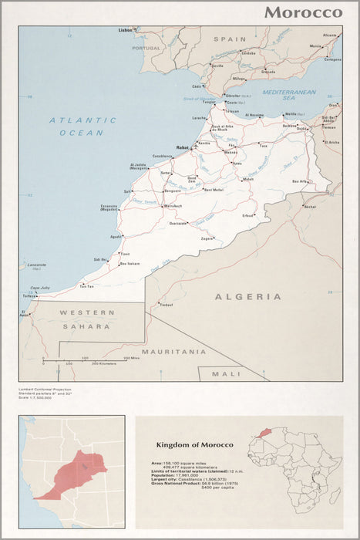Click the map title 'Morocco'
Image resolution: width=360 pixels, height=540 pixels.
click(x=303, y=12)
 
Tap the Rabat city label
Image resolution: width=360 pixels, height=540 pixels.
click(x=183, y=147)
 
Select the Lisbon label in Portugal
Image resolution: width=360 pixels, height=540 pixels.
click(x=125, y=30)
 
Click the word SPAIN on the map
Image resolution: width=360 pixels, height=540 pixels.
click(x=229, y=39)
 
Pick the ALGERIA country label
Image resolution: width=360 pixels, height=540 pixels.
click(x=247, y=296)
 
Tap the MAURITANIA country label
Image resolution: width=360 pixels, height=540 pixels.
click(x=174, y=351)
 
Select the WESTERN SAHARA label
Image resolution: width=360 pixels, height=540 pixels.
click(x=87, y=319)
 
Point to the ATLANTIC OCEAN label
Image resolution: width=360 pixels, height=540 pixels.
click(x=82, y=127)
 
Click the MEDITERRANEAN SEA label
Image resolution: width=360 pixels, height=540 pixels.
click(x=289, y=95)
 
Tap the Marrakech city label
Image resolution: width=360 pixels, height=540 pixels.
click(x=172, y=207)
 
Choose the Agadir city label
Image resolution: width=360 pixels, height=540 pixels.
click(x=116, y=236)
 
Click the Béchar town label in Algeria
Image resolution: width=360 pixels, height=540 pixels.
click(x=310, y=207)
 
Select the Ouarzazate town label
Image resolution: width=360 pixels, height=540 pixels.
click(x=178, y=223)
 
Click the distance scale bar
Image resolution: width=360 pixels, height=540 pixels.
click(x=85, y=359)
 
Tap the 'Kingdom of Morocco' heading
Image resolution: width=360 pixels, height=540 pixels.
click(x=194, y=445)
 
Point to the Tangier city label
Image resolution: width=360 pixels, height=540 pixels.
click(x=209, y=101)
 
